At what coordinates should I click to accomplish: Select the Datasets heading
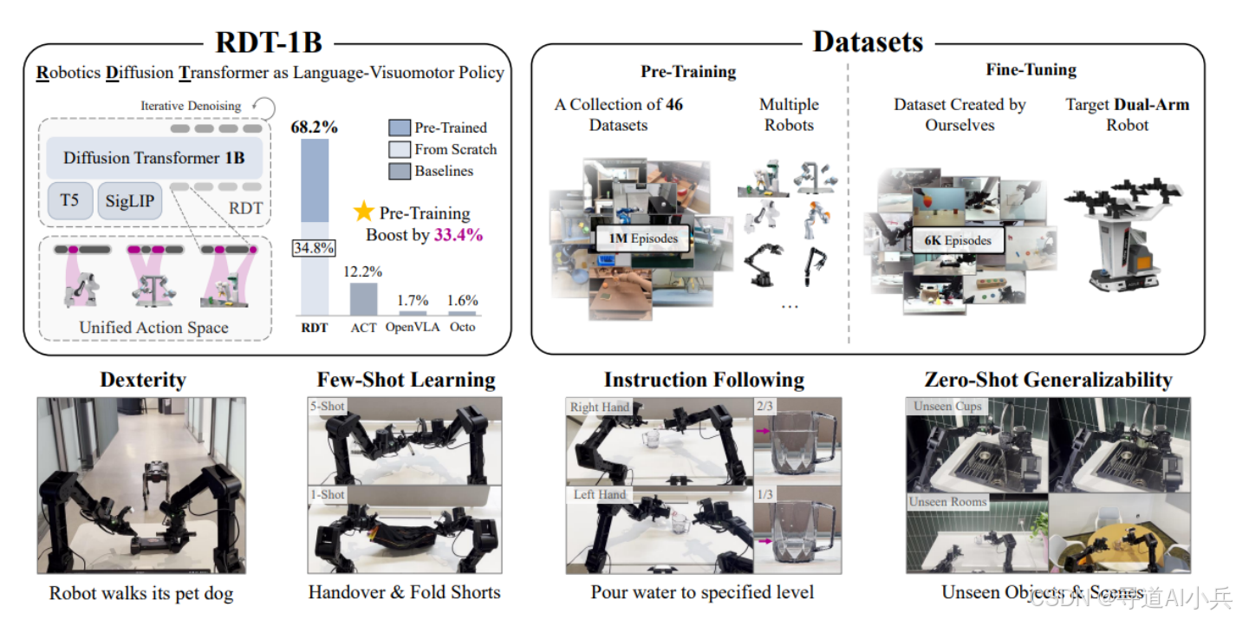[868, 41]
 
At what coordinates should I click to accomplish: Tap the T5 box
[69, 201]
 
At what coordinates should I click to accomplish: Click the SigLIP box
[130, 201]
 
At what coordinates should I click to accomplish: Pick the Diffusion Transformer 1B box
[154, 159]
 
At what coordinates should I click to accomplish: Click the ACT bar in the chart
[363, 298]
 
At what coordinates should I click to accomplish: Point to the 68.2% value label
[315, 127]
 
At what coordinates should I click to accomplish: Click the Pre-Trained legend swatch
[399, 127]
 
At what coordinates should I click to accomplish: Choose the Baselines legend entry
[443, 171]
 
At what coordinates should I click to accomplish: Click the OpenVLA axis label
[412, 328]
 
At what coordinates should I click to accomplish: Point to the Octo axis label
[462, 328]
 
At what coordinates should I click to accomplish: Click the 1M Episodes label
[641, 238]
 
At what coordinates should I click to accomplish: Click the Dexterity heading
[143, 380]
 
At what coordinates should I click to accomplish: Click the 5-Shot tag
[326, 405]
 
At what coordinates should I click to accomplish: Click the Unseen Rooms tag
[947, 502]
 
